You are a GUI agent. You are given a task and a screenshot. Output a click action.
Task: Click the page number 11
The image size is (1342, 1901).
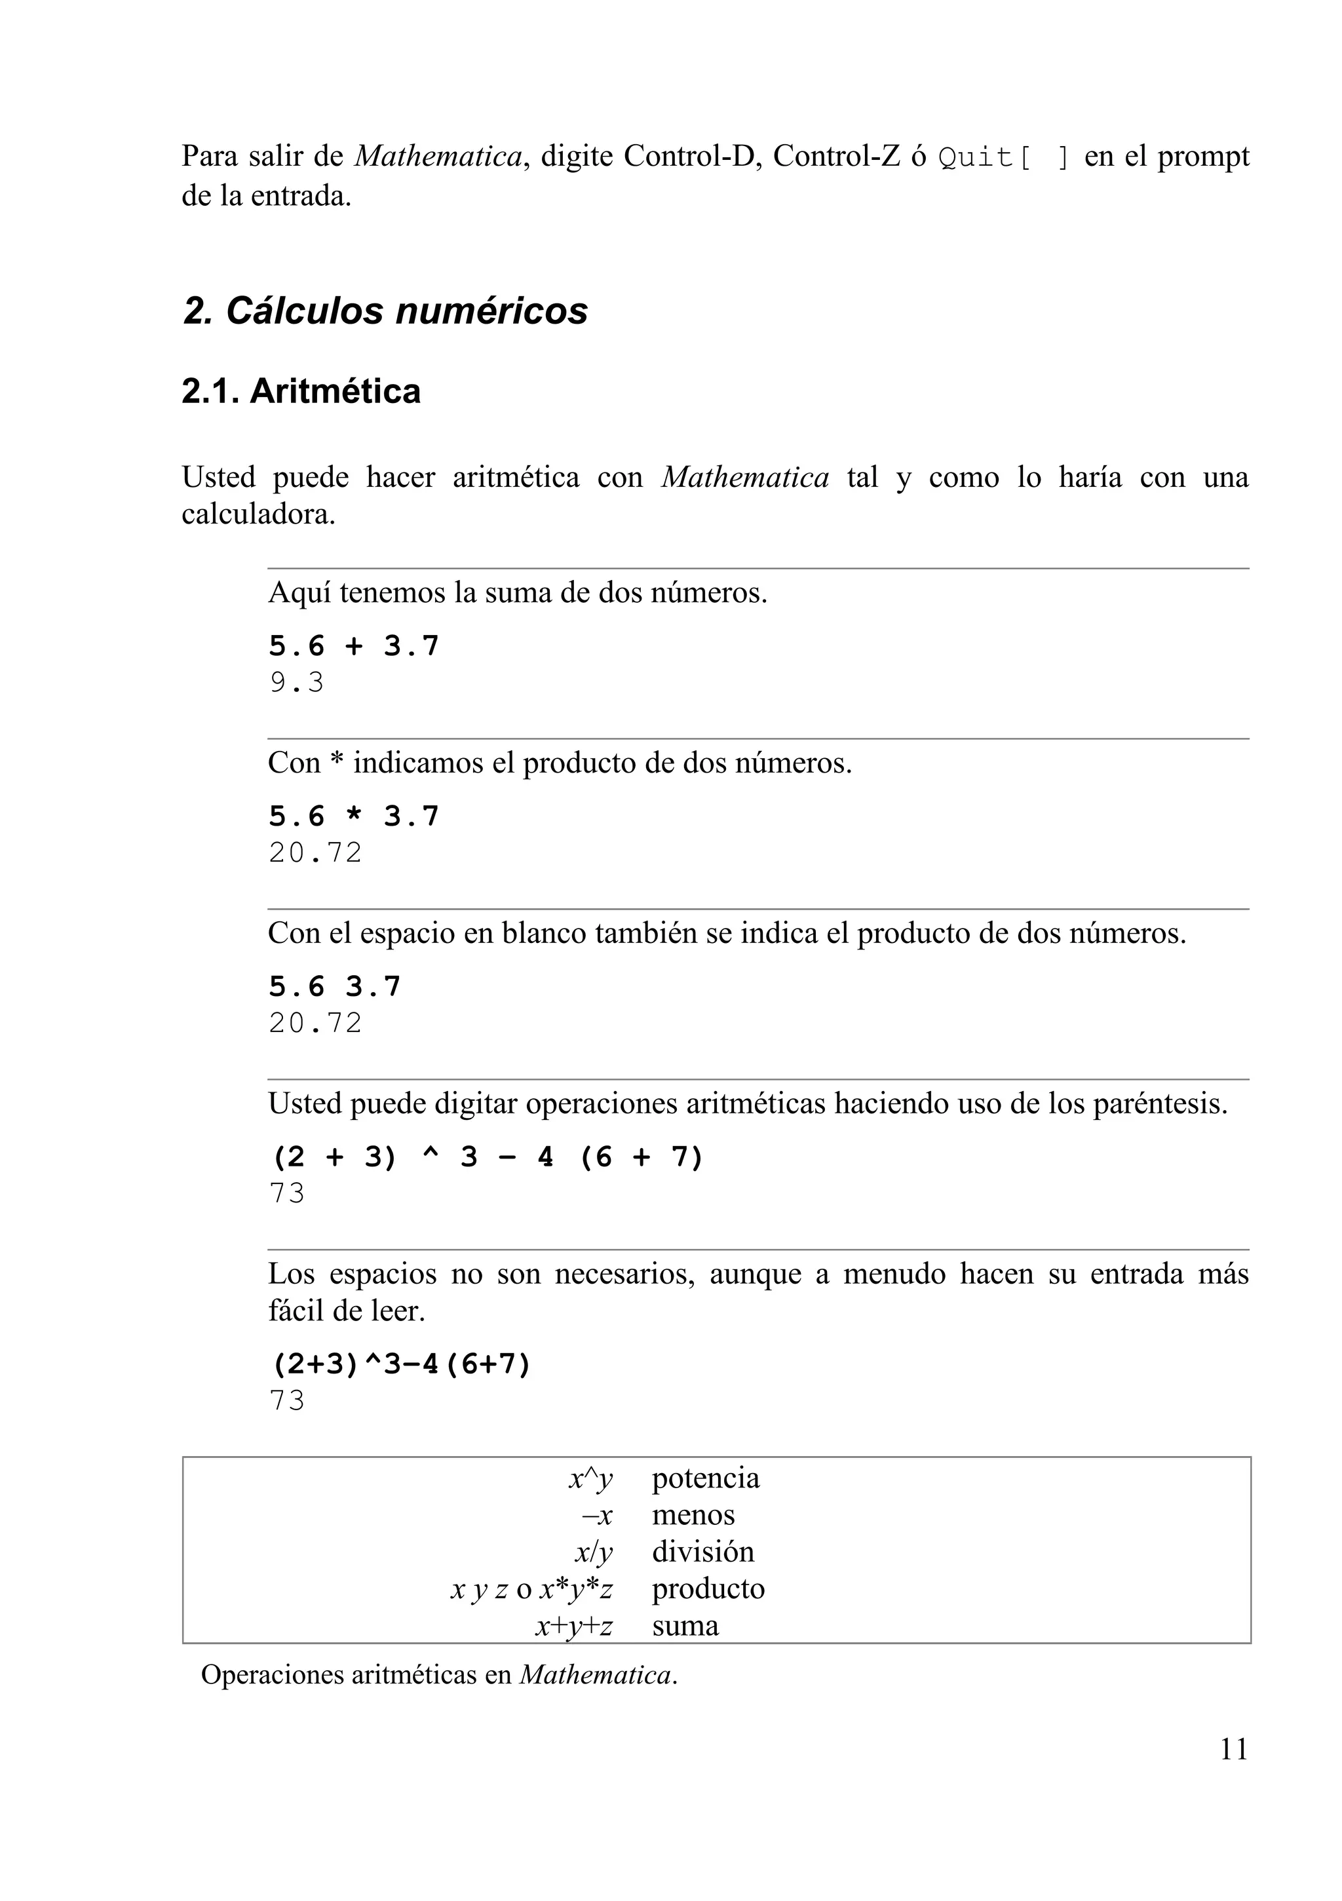pos(1233,1750)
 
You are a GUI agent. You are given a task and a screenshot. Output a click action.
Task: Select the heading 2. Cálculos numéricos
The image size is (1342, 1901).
pos(385,311)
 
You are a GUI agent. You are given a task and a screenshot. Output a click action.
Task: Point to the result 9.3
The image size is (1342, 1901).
pos(296,683)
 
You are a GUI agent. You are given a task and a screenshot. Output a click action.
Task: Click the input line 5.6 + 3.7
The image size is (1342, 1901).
pos(353,646)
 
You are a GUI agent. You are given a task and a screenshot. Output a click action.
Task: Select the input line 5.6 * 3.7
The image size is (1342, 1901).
pos(353,816)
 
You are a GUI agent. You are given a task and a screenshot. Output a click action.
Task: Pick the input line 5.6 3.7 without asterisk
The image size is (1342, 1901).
pos(334,986)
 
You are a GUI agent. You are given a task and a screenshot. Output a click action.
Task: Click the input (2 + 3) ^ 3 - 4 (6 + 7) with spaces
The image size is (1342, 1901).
pos(487,1157)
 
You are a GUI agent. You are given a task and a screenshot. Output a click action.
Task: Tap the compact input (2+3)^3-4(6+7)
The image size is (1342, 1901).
pos(400,1364)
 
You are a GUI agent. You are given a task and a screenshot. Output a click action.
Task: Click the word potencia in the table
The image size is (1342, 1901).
pos(705,1478)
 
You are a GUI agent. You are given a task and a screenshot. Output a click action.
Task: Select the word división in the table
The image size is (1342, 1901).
pos(703,1552)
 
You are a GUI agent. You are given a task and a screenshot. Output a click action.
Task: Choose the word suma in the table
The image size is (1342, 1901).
pos(685,1625)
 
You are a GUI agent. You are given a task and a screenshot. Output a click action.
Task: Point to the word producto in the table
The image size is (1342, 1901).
pos(708,1588)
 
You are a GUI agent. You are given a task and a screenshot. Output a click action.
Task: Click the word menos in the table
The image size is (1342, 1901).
pos(693,1515)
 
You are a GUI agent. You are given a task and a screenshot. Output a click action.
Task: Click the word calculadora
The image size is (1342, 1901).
pos(258,515)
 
